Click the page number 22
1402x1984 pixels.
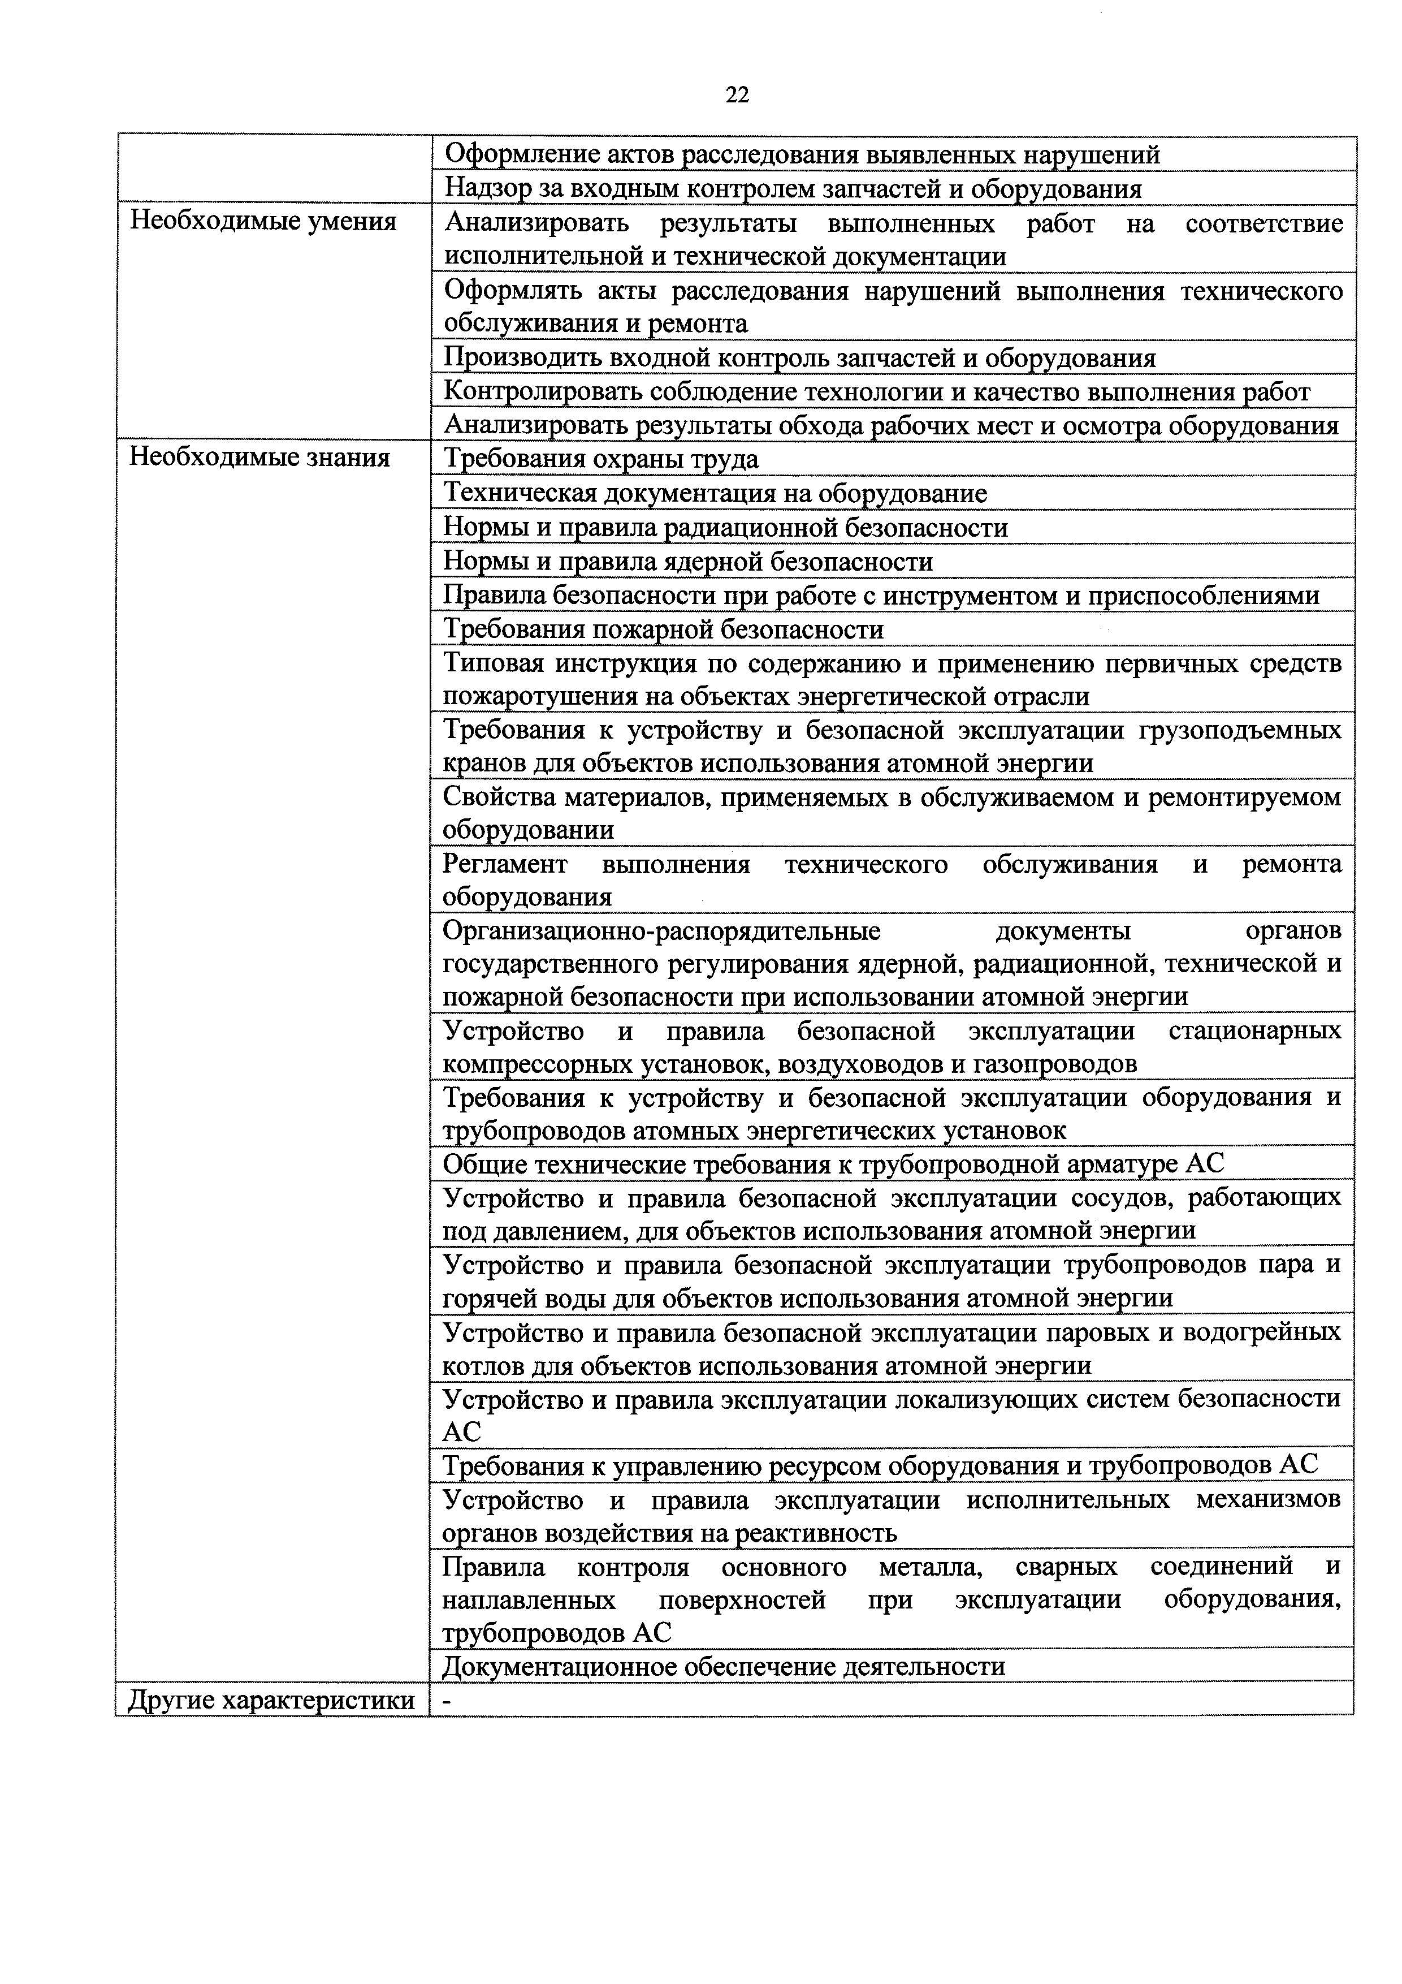tap(737, 95)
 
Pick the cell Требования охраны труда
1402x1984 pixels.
tap(602, 459)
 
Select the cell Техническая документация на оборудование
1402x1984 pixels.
tap(715, 493)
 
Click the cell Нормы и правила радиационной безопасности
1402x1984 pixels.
tap(725, 527)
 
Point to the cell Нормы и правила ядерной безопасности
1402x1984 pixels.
tap(687, 562)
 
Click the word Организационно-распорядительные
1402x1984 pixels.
tap(661, 931)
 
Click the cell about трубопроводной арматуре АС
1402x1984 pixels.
tap(833, 1164)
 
